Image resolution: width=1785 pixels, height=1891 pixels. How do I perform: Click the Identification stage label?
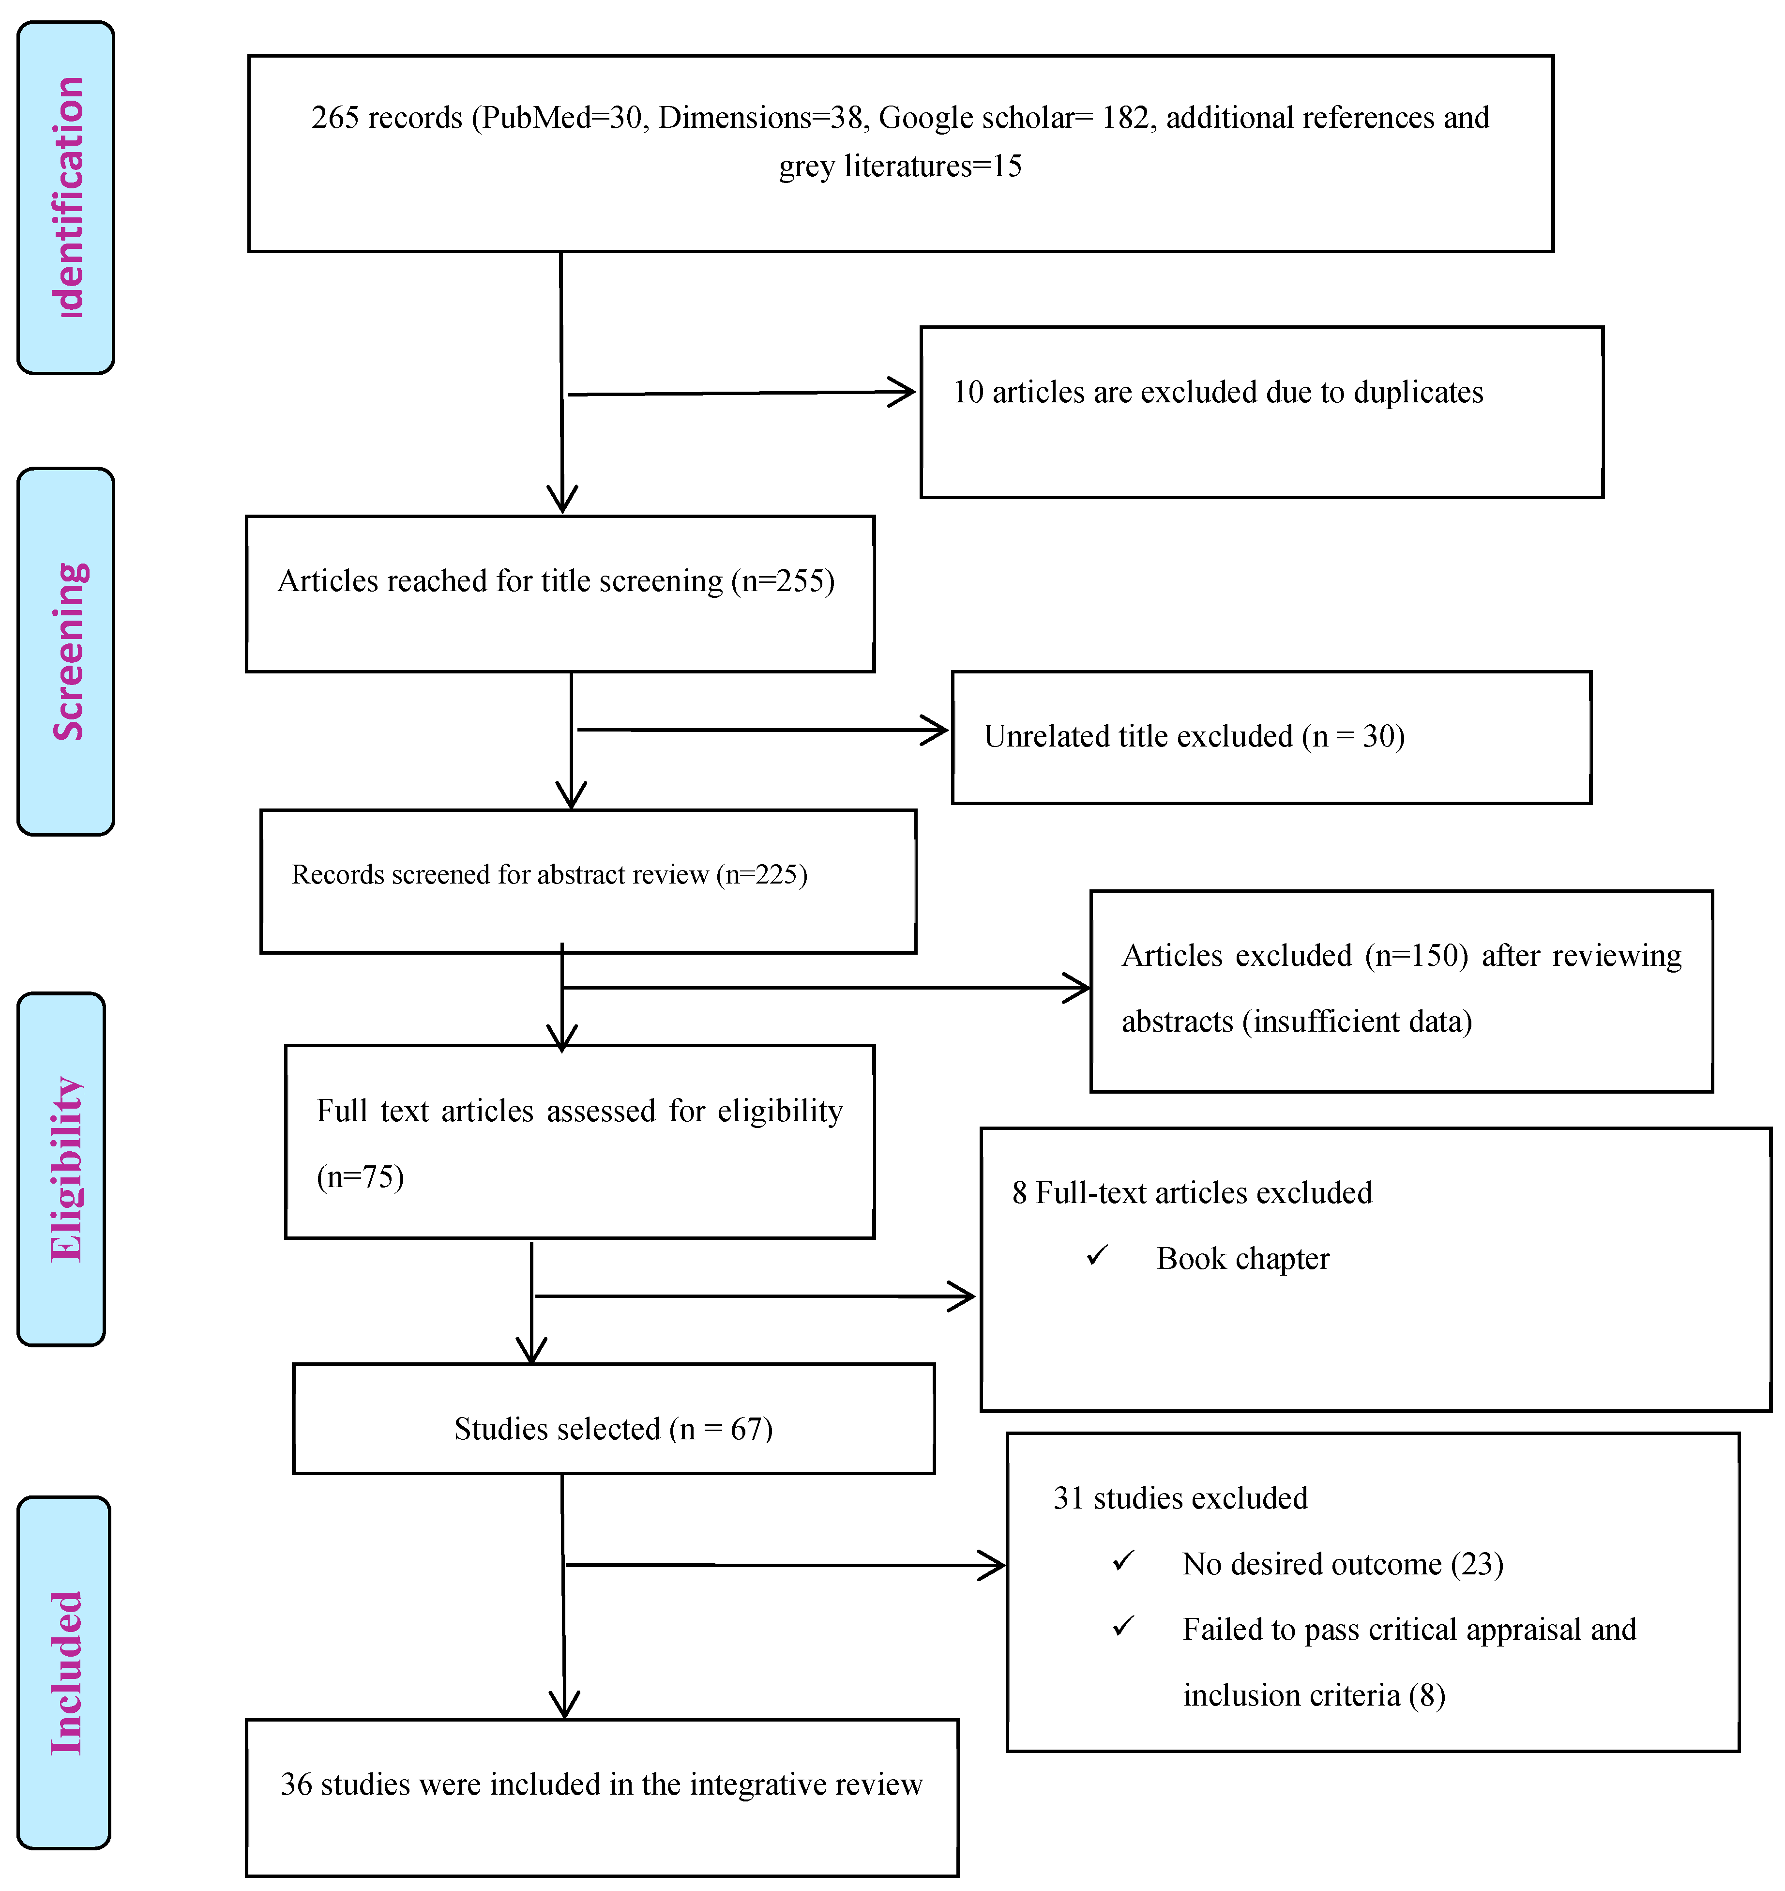pos(67,197)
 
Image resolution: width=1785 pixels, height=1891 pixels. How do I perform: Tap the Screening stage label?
pos(67,652)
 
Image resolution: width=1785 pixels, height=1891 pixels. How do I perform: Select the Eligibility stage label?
pos(65,1169)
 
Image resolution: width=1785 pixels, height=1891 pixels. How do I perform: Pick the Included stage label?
pos(65,1672)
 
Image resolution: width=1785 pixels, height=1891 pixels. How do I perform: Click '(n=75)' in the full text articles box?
pos(360,1177)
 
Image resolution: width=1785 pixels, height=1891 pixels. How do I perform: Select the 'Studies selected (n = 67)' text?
pos(613,1429)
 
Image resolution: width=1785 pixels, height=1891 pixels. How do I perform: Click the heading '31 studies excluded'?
pos(1180,1498)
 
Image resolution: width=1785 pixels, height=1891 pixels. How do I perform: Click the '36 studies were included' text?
pos(601,1784)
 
